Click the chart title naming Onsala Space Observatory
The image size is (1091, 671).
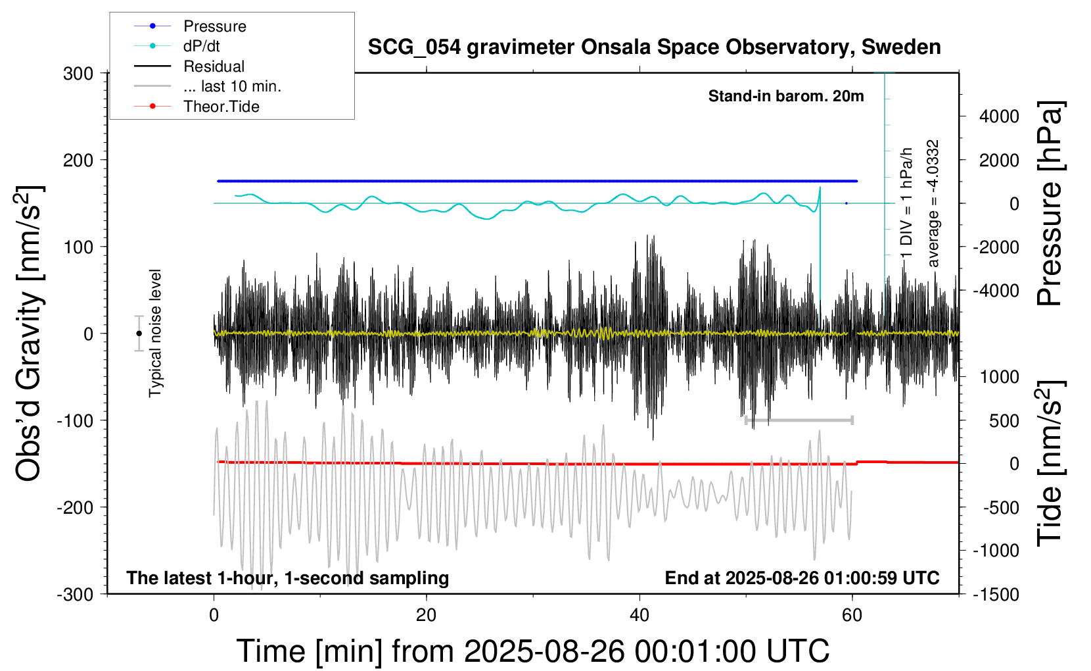[654, 47]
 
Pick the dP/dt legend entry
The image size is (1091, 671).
[201, 46]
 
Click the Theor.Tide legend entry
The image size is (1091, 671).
[221, 107]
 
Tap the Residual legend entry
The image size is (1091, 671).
[214, 66]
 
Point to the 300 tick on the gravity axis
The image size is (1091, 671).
[78, 74]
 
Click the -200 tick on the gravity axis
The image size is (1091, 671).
[75, 508]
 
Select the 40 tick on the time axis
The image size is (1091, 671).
[639, 616]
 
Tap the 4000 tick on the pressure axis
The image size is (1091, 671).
[999, 116]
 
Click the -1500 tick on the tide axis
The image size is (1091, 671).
[996, 595]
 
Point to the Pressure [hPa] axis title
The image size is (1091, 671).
[1050, 204]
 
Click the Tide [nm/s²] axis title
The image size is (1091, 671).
[1050, 463]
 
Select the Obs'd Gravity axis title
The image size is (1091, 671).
[30, 334]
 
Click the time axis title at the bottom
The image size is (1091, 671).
[532, 651]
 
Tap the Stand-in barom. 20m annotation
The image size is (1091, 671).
[786, 96]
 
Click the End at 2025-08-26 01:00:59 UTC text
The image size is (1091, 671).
[802, 578]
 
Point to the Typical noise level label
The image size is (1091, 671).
[155, 334]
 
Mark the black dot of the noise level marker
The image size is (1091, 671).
[139, 334]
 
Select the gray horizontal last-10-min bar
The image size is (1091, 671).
[799, 420]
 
